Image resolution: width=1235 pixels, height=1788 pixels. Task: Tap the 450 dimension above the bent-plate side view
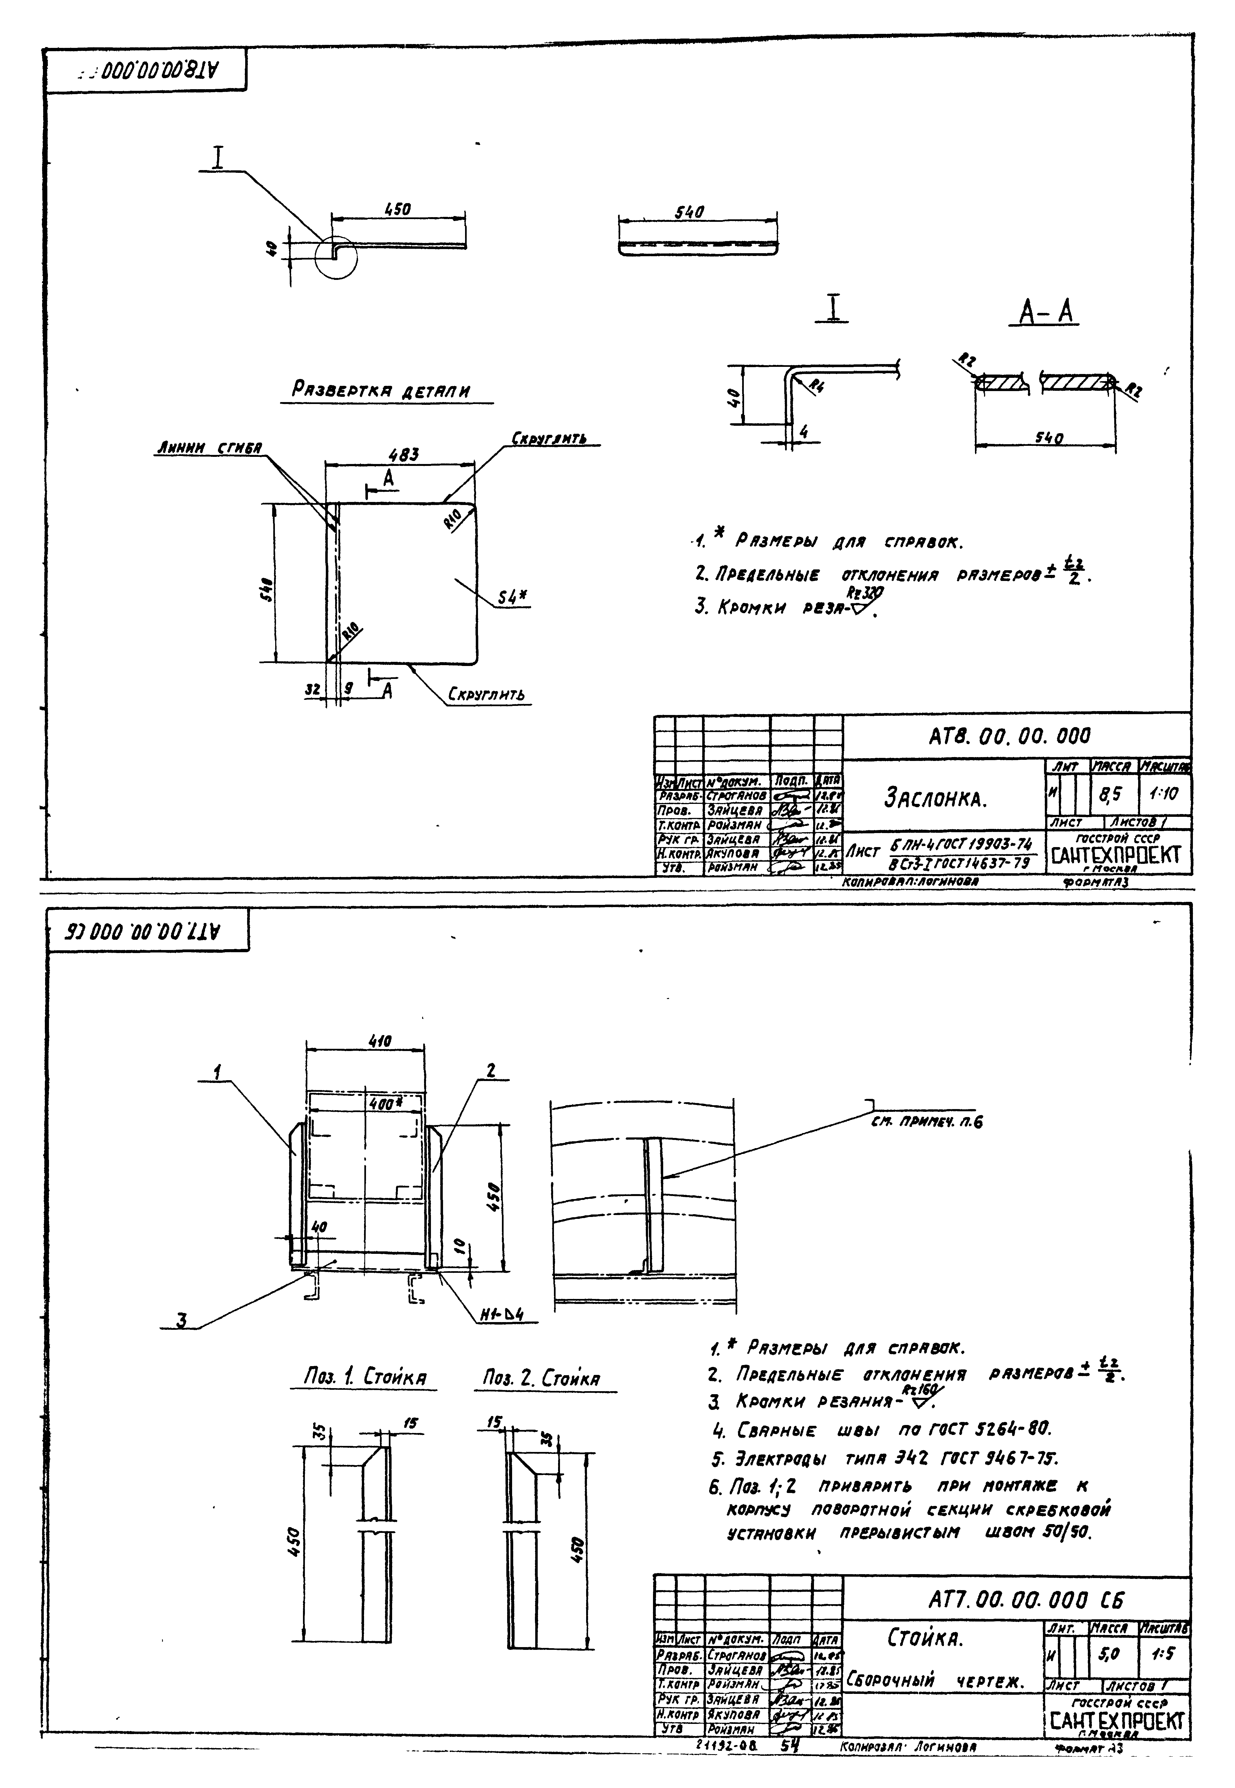point(398,210)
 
